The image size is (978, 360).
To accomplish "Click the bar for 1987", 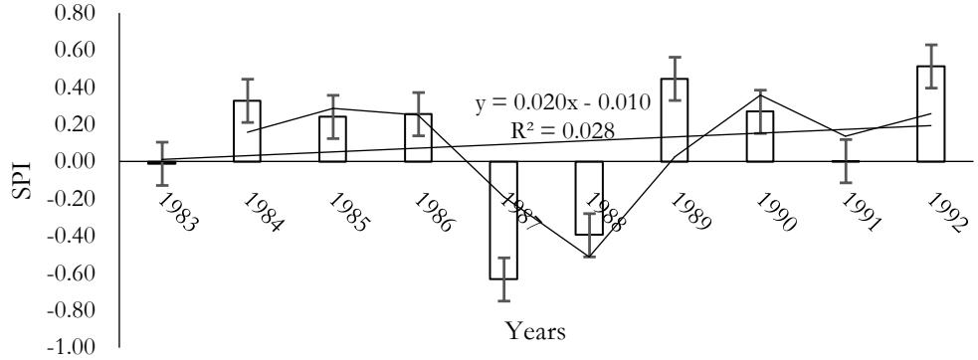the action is (x=503, y=220).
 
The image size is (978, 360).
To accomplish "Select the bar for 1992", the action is (x=930, y=113).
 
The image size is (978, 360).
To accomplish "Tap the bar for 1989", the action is (x=675, y=119).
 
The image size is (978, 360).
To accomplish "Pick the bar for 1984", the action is (x=247, y=131).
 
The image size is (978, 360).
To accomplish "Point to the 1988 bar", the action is (x=589, y=199).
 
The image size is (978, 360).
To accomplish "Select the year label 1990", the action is (x=776, y=212).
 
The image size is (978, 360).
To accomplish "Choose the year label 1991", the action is (x=862, y=212).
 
